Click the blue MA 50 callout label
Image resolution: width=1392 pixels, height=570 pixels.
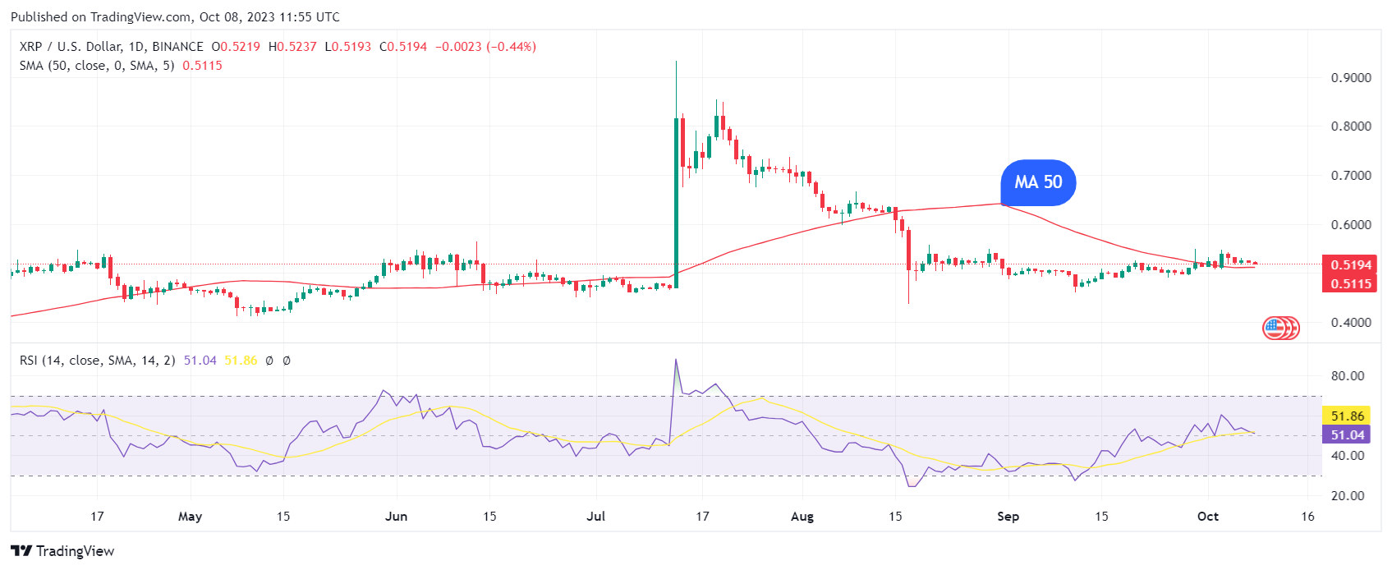tap(1038, 182)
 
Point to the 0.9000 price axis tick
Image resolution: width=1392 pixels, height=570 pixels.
tap(1351, 78)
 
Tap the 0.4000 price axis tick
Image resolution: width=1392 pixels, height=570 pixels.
tap(1351, 323)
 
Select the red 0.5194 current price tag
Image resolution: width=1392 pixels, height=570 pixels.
tap(1351, 264)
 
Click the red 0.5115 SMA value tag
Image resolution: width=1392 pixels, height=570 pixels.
tap(1351, 283)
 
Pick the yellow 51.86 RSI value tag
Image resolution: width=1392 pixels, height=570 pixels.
tap(1347, 416)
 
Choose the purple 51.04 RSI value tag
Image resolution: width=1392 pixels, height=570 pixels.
tap(1347, 435)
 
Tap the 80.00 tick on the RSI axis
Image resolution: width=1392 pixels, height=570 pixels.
tap(1348, 376)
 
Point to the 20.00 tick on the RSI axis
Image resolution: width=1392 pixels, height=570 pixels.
tap(1348, 496)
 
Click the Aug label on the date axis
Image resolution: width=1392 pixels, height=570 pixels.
tap(802, 517)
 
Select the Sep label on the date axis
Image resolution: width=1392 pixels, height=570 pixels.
tap(1008, 517)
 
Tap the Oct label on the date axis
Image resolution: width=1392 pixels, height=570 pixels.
tap(1207, 517)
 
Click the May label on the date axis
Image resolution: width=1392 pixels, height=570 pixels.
tap(190, 517)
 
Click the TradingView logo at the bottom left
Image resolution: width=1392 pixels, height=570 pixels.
tap(62, 551)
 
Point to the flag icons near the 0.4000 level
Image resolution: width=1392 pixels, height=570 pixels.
tap(1280, 329)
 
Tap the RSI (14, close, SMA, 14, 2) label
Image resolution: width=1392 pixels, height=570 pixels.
tap(97, 361)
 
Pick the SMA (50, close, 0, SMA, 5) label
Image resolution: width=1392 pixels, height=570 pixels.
tap(97, 66)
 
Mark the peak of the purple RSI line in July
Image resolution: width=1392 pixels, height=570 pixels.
tap(676, 360)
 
